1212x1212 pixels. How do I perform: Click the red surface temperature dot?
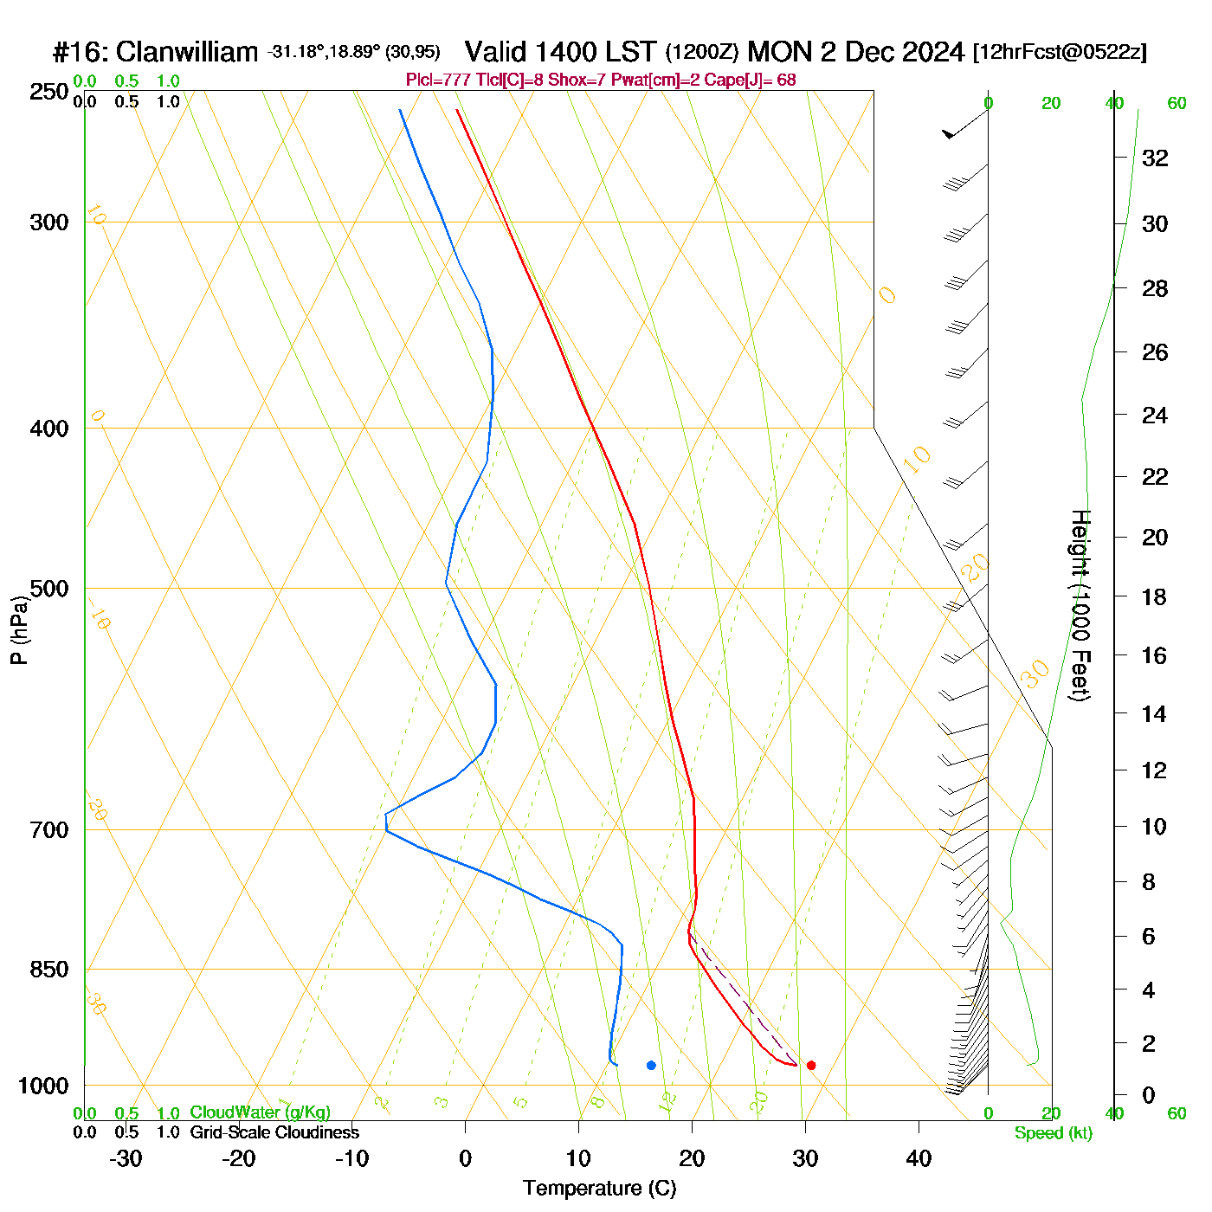click(x=811, y=1065)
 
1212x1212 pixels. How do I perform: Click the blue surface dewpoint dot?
click(x=651, y=1065)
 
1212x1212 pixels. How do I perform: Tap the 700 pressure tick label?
click(x=48, y=830)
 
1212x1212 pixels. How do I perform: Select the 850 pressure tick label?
click(x=48, y=970)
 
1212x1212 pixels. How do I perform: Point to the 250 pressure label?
click(x=48, y=92)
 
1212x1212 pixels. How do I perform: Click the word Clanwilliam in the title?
click(x=186, y=52)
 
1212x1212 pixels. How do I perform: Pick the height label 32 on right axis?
click(x=1155, y=158)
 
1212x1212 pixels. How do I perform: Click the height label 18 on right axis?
click(x=1155, y=596)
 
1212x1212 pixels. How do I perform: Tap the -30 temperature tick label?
click(x=126, y=1158)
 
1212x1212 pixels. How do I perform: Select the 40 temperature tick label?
click(x=919, y=1158)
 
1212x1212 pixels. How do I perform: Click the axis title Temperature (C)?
click(x=599, y=1189)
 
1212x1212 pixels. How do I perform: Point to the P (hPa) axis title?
click(x=18, y=629)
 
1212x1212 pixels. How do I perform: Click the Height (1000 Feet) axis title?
click(x=1080, y=605)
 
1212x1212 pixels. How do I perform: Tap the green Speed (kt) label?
click(x=1054, y=1133)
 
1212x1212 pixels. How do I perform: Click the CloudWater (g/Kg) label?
click(x=260, y=1112)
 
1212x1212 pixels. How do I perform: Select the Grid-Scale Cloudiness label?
click(x=274, y=1132)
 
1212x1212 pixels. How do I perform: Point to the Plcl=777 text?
click(x=439, y=81)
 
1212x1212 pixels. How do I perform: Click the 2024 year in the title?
click(x=932, y=52)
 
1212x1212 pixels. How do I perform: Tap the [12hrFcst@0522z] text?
click(x=1060, y=52)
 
